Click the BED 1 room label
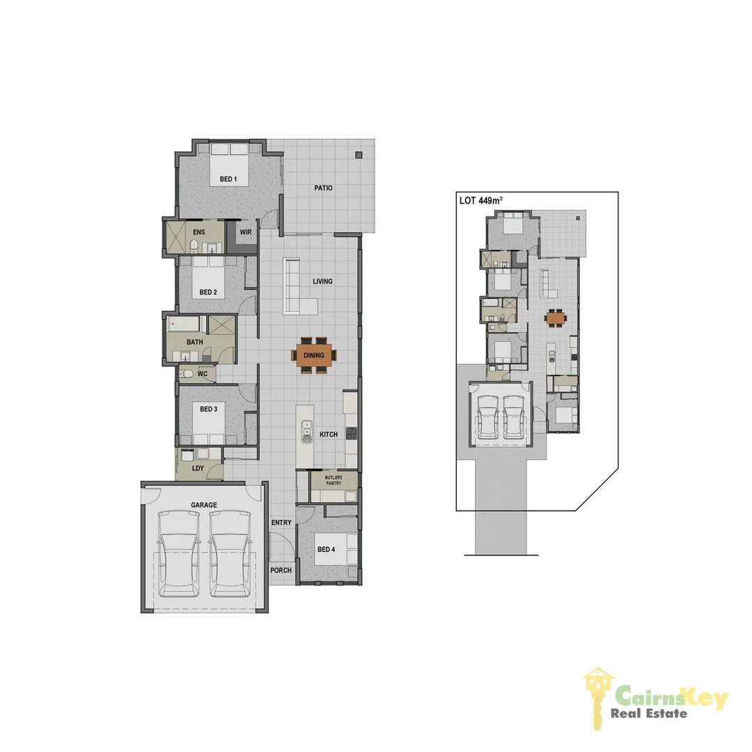click(228, 180)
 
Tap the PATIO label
click(323, 188)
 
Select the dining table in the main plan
click(314, 355)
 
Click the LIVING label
click(322, 281)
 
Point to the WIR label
click(245, 232)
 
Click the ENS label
click(198, 232)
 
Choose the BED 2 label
click(208, 292)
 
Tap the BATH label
click(195, 342)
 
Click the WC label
click(203, 374)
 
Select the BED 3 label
click(208, 409)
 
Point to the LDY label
click(198, 468)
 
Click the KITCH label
click(328, 434)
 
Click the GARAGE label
click(203, 505)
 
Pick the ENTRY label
click(281, 522)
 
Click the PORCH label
click(281, 570)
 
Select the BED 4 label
click(326, 549)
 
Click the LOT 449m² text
click(480, 201)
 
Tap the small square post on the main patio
click(359, 155)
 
